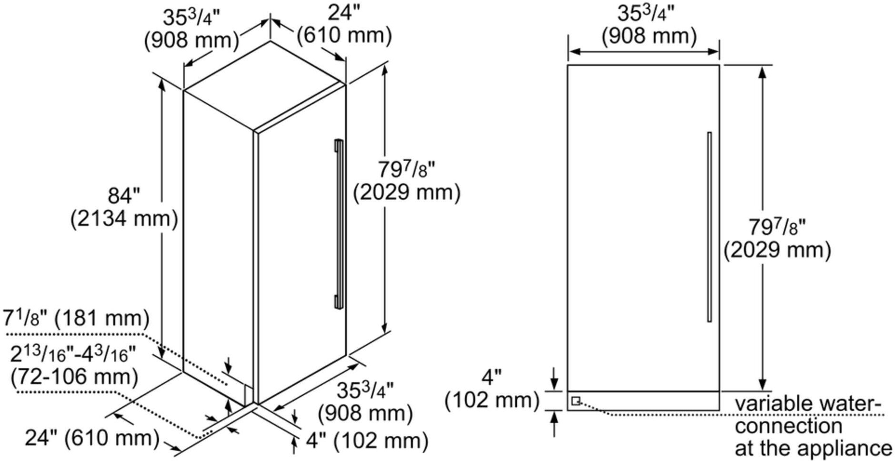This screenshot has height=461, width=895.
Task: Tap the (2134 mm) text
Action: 124,219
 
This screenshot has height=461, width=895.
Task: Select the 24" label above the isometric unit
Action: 340,13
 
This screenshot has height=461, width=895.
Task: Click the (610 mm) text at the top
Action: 344,35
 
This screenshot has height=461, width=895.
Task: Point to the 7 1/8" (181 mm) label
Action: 76,319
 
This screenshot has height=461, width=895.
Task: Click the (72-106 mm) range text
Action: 74,376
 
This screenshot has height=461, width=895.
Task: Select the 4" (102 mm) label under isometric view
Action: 367,441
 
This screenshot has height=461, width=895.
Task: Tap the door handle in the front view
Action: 709,227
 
